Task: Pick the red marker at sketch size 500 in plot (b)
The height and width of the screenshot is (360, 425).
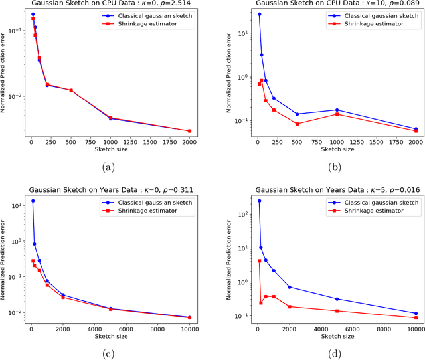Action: pyautogui.click(x=297, y=124)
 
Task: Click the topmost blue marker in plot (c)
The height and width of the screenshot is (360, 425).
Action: pyautogui.click(x=33, y=201)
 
